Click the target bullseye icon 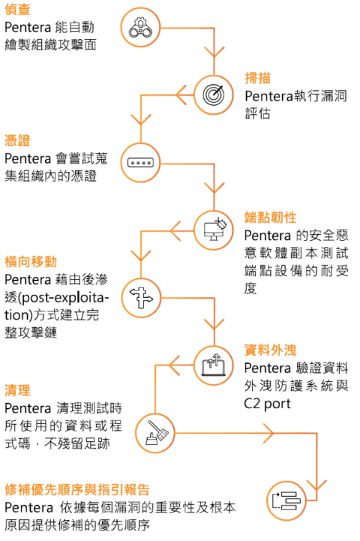click(x=215, y=95)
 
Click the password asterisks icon click(x=141, y=161)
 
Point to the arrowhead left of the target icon click(x=181, y=95)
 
